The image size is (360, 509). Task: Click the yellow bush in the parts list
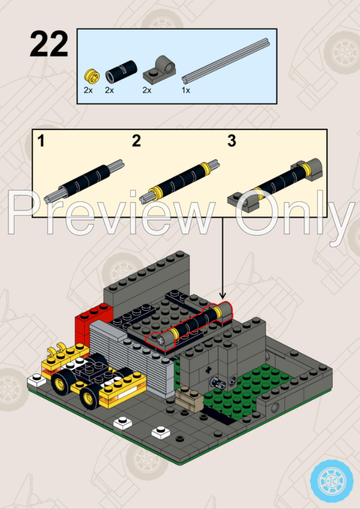91,76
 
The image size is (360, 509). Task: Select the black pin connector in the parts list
113,76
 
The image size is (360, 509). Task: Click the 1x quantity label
186,90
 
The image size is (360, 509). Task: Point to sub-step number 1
41,142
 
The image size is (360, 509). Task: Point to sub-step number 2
136,142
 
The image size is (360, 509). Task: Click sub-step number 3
232,142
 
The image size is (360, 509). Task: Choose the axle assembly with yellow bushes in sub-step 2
180,180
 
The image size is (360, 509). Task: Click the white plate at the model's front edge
161,433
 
